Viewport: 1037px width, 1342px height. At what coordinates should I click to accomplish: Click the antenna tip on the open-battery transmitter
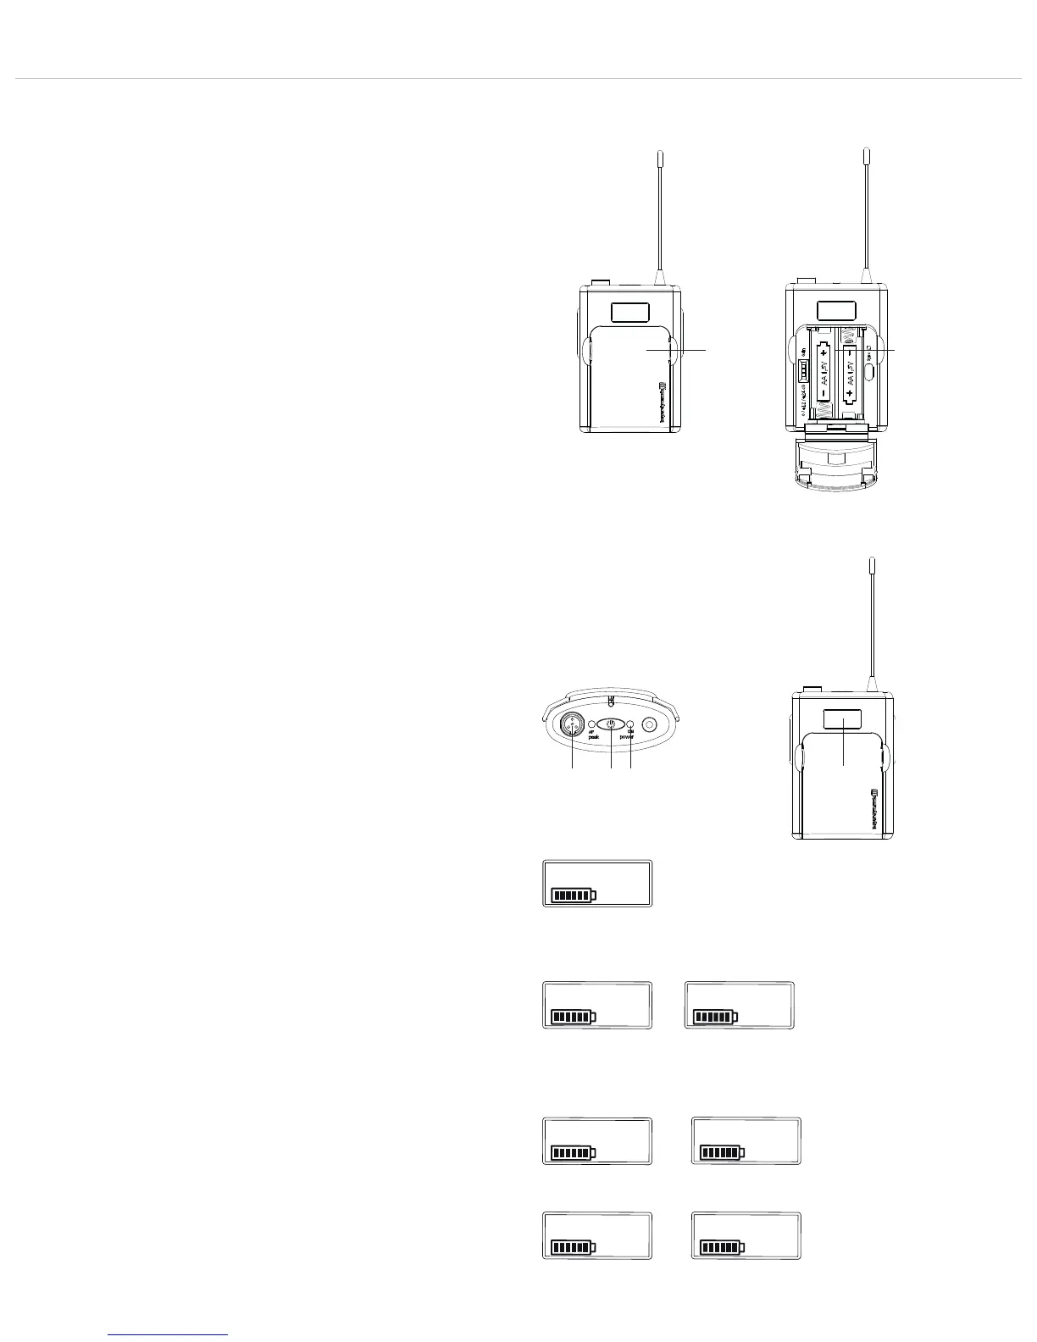[866, 154]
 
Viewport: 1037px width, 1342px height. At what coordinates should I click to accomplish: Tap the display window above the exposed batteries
[835, 311]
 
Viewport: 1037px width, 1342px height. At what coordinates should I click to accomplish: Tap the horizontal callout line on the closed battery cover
[678, 349]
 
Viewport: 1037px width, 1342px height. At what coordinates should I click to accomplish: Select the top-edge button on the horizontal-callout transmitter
[600, 283]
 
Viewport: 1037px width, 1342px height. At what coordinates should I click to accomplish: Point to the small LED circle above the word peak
[591, 725]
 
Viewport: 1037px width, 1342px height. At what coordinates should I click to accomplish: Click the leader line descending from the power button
[611, 751]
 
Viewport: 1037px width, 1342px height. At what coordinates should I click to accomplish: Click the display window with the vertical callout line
[842, 719]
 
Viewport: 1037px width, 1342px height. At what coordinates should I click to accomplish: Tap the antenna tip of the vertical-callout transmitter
[871, 563]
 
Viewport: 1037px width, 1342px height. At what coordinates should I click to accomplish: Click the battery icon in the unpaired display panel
[574, 895]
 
